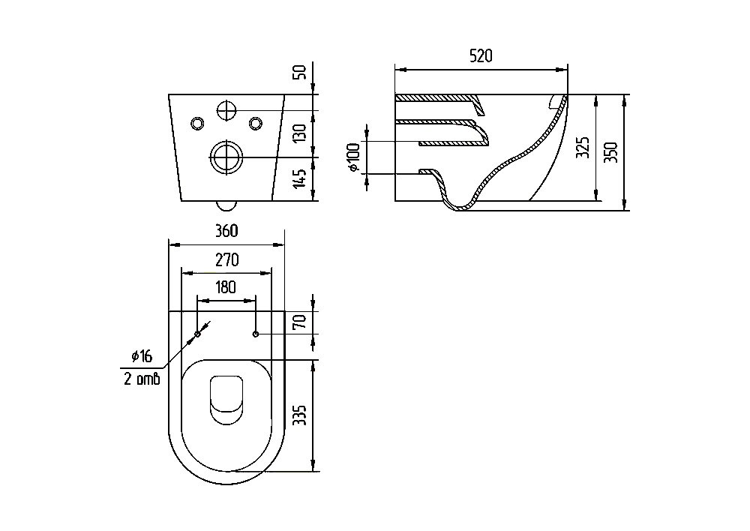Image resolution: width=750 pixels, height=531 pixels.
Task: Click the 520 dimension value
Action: [481, 56]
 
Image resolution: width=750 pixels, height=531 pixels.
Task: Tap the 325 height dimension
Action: [582, 147]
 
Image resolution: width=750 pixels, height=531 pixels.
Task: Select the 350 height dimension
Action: [610, 152]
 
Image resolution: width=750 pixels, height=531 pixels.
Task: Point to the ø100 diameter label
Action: [354, 157]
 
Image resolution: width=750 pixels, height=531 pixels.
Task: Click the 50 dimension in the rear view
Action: [299, 73]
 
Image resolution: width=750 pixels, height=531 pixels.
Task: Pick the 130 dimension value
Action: [299, 133]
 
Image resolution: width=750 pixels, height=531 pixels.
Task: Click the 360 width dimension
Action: [226, 231]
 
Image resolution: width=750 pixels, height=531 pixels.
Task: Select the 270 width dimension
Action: [226, 259]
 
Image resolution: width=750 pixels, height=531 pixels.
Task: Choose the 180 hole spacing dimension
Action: [226, 287]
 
